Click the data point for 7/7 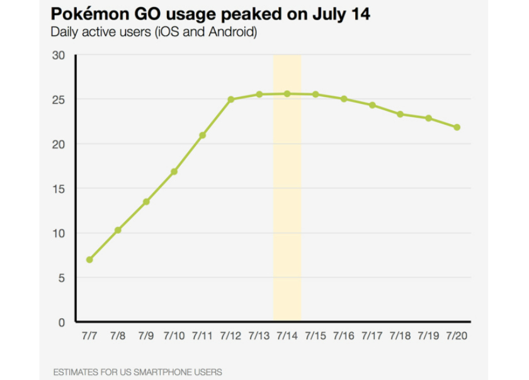[x=89, y=260]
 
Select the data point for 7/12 [x=231, y=100]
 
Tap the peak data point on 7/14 [x=287, y=94]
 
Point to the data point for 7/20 [x=457, y=127]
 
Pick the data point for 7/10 [x=174, y=171]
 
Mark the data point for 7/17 [x=372, y=105]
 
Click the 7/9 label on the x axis [x=145, y=336]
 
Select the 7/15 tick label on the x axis [x=315, y=336]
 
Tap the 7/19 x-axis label [x=428, y=336]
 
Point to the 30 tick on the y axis [x=59, y=55]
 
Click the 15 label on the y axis [x=59, y=188]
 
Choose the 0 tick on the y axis [x=62, y=322]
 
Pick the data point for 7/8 [x=118, y=230]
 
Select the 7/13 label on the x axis [x=259, y=336]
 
